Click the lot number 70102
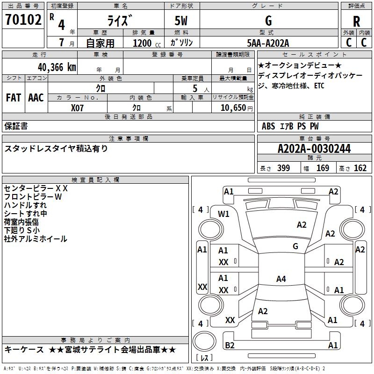pos(23,20)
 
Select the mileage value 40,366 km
pos(57,67)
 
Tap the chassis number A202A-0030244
pos(314,149)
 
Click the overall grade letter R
pos(356,22)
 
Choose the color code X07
pos(77,108)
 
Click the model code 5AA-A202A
pos(268,43)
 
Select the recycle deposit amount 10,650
pos(233,108)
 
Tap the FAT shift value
pos(14,98)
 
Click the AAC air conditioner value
pos(36,98)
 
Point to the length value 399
pos(283,168)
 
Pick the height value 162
pos(360,168)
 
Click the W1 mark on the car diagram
pos(223,214)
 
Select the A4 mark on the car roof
pos(281,279)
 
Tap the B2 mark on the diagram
pos(230,345)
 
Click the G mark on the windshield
pos(295,246)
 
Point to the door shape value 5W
pos(181,21)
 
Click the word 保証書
pos(16,126)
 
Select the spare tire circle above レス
pos(204,341)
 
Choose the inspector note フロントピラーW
pos(33,197)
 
